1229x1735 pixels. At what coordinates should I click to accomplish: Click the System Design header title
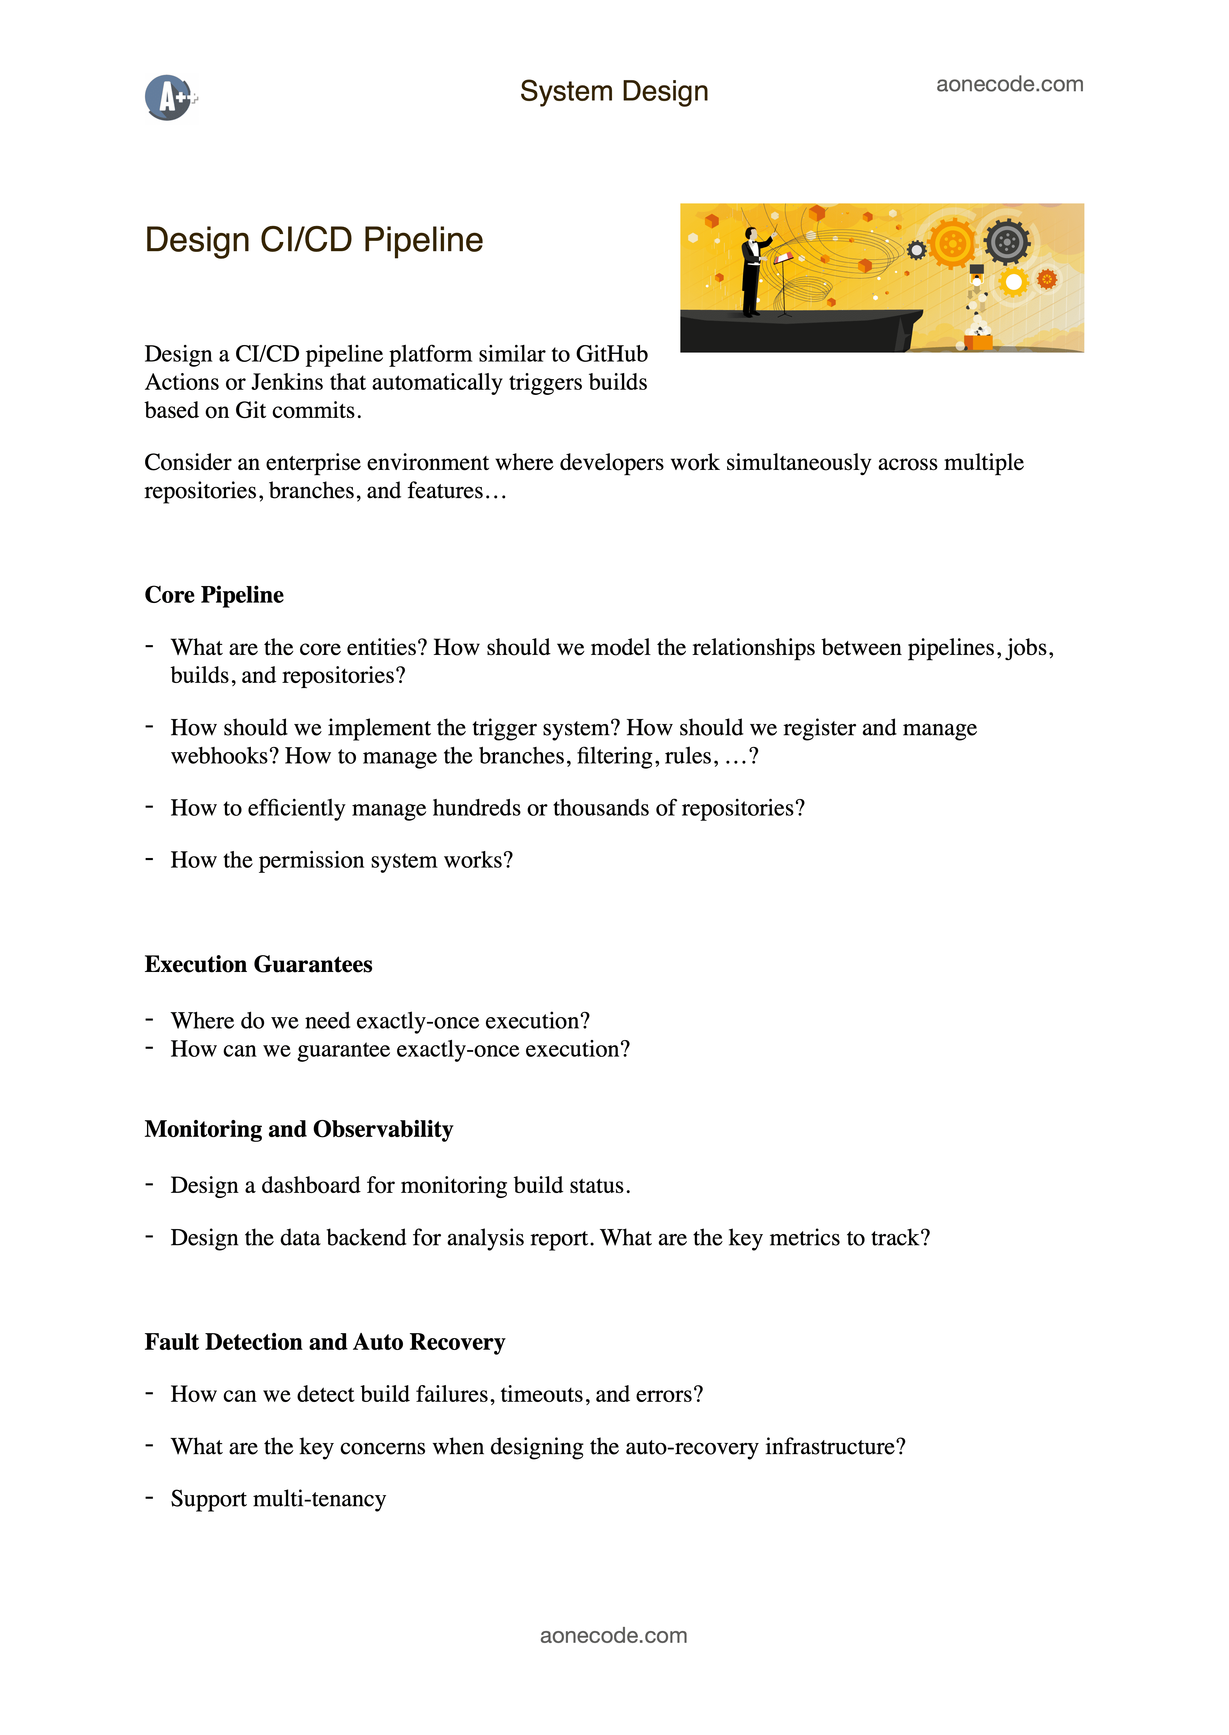coord(614,92)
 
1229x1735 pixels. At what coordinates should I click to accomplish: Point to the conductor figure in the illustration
coord(751,271)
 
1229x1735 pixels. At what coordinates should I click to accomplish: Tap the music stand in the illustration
coord(784,284)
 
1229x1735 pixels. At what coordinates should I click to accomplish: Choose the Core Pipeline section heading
coord(214,595)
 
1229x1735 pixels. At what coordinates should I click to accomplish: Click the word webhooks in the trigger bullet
coord(224,756)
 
